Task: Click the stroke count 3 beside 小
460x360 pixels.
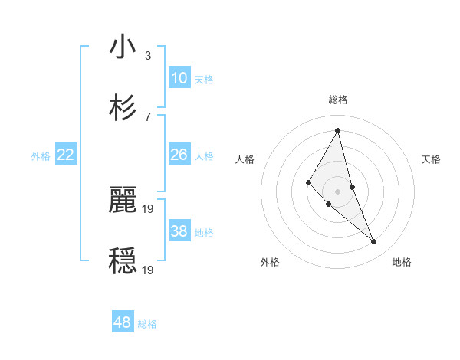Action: click(148, 56)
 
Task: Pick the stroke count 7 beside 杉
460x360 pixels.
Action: click(148, 116)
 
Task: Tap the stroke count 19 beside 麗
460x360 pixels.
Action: click(149, 208)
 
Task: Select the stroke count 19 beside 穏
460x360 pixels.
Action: click(149, 270)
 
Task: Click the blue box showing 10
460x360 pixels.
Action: click(179, 78)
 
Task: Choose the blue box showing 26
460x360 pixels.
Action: click(179, 155)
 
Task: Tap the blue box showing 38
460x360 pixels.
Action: click(179, 231)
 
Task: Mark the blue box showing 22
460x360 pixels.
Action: click(66, 155)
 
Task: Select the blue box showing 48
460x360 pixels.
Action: click(123, 322)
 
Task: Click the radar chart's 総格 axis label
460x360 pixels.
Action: click(338, 100)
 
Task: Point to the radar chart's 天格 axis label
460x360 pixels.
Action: click(432, 159)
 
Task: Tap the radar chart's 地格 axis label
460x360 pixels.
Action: click(402, 262)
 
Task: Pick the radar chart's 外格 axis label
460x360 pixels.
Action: click(270, 262)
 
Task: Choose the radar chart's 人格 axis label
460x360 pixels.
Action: click(245, 159)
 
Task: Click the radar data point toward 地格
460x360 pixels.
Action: click(374, 242)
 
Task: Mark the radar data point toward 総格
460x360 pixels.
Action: click(338, 129)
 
